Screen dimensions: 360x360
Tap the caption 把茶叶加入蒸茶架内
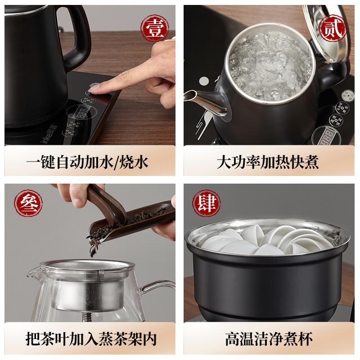(x=90, y=339)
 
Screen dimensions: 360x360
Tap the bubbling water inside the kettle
(x=265, y=63)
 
